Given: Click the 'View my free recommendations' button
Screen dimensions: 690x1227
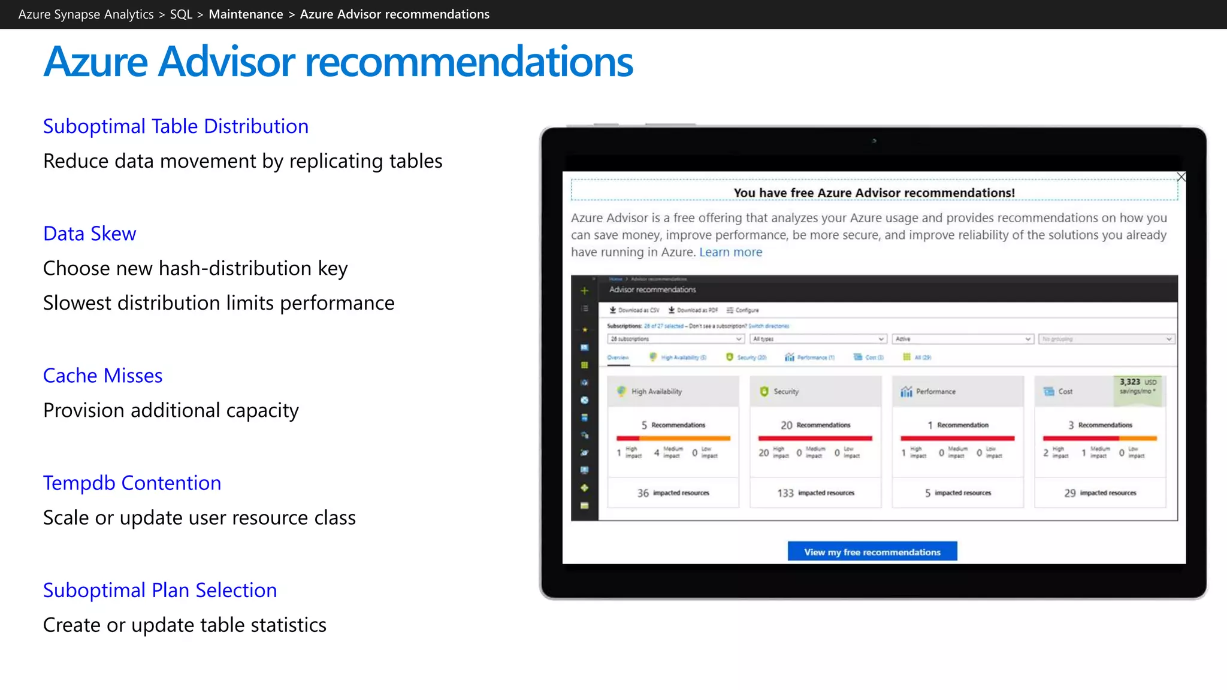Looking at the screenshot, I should (x=872, y=552).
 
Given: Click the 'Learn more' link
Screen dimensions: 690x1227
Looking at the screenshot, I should (x=730, y=252).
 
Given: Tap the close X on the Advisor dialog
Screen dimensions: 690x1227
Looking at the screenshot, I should (x=1181, y=177).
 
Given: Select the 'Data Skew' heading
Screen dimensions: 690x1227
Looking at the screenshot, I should (x=90, y=234).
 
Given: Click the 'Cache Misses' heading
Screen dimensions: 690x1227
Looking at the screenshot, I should (x=103, y=376).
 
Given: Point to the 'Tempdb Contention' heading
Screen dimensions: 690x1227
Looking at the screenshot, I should (x=132, y=483).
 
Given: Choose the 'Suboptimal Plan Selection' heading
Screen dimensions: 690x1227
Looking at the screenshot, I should (x=160, y=590).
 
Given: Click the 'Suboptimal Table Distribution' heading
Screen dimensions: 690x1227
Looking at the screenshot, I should (x=176, y=126).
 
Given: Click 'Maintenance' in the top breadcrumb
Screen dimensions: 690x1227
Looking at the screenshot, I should (x=246, y=14).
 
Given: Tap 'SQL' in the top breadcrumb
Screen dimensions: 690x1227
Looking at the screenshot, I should (x=181, y=14).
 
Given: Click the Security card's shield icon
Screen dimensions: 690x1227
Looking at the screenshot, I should (x=764, y=392).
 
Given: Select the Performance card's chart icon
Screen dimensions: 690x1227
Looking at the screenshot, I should (x=906, y=392).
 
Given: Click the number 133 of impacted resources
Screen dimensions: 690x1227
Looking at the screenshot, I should (x=785, y=493).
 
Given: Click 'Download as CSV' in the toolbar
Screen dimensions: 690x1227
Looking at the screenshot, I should (x=634, y=310).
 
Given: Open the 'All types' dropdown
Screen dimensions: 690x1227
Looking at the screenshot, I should (x=818, y=339).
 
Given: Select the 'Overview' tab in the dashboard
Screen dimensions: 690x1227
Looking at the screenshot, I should (x=618, y=358).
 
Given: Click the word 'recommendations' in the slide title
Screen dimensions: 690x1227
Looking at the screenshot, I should (x=469, y=62).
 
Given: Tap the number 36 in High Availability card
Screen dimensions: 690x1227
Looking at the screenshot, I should (x=643, y=493).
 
